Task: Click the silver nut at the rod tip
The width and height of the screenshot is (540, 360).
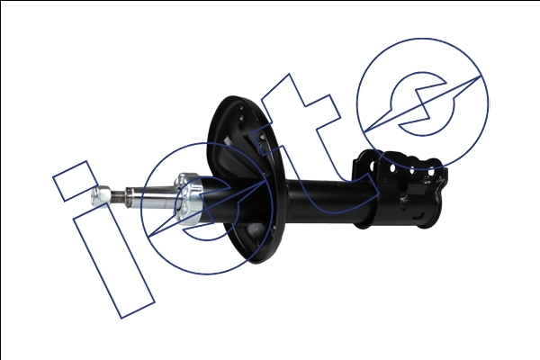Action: [x=101, y=195]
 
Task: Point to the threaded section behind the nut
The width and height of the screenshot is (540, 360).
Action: [x=118, y=197]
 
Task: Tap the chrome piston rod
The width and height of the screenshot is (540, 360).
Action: [x=151, y=198]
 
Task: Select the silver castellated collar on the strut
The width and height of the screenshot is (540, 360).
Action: [x=188, y=199]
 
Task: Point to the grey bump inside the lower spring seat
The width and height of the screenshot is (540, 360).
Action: [x=255, y=229]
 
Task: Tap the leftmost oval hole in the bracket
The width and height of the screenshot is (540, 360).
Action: [x=373, y=166]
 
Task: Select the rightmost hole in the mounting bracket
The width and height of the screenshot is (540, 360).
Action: [x=431, y=171]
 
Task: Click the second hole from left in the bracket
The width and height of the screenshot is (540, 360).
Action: [x=392, y=168]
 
